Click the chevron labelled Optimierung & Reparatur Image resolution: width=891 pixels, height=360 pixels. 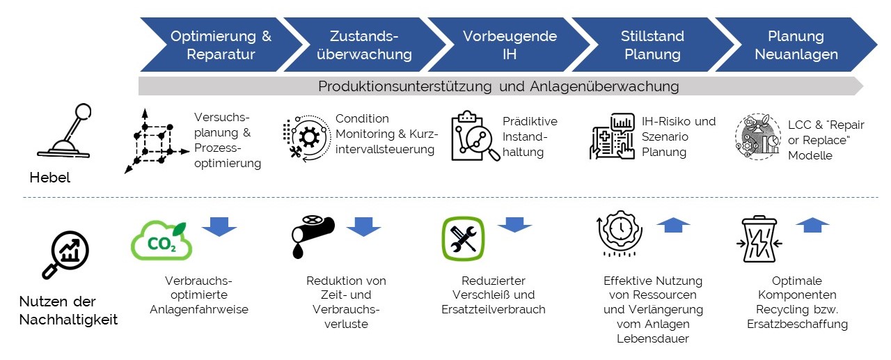tap(221, 45)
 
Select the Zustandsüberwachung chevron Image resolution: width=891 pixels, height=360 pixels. tap(364, 45)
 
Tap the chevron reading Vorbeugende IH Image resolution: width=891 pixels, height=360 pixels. tap(509, 45)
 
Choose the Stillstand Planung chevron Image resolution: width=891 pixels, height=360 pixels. tap(652, 45)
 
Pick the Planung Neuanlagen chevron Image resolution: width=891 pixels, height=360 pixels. tap(796, 45)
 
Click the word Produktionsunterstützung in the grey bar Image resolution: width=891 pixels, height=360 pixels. tap(404, 86)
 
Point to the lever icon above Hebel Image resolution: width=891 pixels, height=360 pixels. tap(65, 131)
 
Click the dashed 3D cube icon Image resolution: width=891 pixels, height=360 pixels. tap(156, 141)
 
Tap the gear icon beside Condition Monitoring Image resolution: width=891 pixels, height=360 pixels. tap(307, 138)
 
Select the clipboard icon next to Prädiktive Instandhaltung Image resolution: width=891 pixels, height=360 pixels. tap(475, 136)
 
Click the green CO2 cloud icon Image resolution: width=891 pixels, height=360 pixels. tap(161, 240)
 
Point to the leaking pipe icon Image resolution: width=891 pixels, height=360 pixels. tap(313, 237)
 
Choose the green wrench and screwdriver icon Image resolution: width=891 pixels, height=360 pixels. tap(463, 238)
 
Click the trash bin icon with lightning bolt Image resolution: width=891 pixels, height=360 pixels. tap(759, 239)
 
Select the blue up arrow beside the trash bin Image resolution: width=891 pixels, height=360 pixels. tap(812, 225)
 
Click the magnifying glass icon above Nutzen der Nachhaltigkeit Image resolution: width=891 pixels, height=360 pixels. tap(65, 255)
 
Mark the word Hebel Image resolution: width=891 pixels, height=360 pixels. tap(49, 178)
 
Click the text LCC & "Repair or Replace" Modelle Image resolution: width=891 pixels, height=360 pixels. tap(826, 140)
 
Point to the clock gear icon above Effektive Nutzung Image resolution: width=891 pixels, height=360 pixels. tap(620, 233)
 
